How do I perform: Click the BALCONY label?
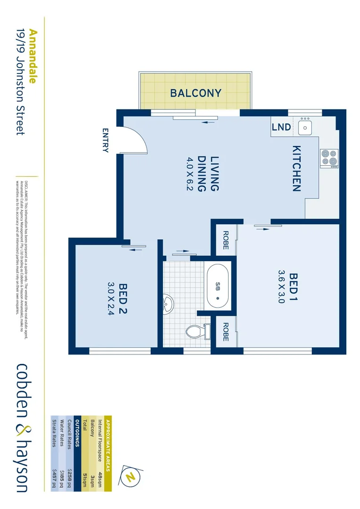[196, 93]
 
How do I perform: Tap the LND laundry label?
[281, 127]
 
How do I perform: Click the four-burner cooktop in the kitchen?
[329, 158]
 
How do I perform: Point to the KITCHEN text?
[296, 168]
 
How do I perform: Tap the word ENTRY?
[105, 141]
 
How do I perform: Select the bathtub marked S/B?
[218, 286]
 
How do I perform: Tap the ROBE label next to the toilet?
[225, 332]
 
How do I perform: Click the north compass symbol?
[130, 476]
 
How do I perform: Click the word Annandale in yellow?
[33, 56]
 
